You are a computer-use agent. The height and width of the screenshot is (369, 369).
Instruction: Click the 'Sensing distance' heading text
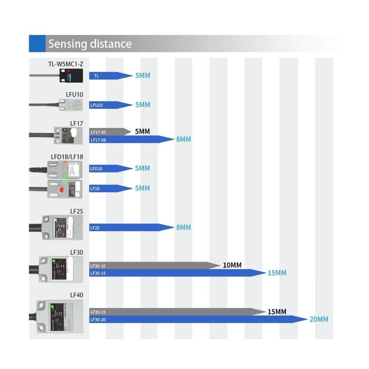[x=90, y=44]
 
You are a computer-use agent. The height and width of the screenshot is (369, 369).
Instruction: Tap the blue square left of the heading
[x=37, y=44]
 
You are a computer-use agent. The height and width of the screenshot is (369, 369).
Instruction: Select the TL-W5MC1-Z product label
[x=65, y=64]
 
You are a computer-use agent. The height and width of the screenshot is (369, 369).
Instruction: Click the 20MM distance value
[x=319, y=319]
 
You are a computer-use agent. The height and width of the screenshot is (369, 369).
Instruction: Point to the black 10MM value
[x=232, y=265]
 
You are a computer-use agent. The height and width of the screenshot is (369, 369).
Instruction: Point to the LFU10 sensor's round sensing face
[x=76, y=105]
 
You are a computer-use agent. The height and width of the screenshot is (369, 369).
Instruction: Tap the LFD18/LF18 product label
[x=67, y=157]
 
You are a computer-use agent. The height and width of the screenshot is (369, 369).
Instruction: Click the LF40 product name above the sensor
[x=76, y=295]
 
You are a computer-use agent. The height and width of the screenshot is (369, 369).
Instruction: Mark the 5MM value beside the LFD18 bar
[x=142, y=168]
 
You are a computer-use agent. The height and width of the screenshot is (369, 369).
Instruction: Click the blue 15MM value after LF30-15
[x=277, y=273]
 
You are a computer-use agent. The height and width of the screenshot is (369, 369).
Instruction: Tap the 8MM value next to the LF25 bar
[x=183, y=227]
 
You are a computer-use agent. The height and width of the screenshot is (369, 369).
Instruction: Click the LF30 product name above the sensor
[x=76, y=252]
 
